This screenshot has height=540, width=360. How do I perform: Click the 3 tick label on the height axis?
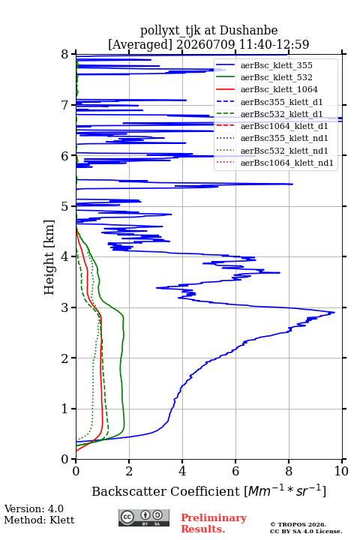click(x=64, y=307)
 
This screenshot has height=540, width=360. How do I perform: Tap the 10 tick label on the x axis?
click(x=341, y=471)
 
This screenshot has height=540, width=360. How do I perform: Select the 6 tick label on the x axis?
click(x=235, y=471)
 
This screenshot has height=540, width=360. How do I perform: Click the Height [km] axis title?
click(x=49, y=257)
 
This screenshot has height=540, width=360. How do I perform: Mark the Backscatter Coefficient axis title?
click(x=208, y=490)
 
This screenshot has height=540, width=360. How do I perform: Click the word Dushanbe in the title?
click(x=249, y=30)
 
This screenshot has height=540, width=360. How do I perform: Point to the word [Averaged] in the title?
click(x=140, y=44)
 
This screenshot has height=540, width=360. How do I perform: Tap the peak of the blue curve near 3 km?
click(x=334, y=312)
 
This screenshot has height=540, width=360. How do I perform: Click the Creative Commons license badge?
click(x=144, y=518)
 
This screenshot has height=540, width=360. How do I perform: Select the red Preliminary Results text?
click(x=214, y=523)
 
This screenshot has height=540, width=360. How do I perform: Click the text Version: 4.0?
click(x=34, y=508)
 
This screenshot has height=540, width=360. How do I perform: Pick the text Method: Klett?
click(x=39, y=520)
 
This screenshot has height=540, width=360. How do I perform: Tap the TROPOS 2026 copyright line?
click(x=298, y=524)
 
